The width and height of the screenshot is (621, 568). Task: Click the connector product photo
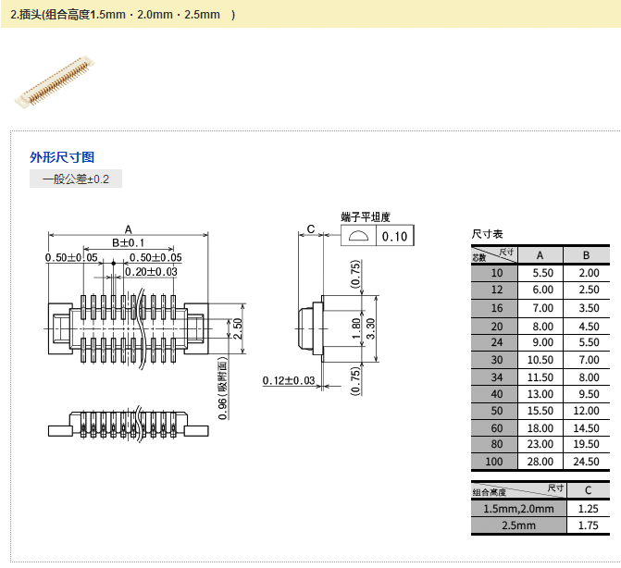tap(56, 80)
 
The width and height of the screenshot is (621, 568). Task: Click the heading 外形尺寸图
tap(62, 157)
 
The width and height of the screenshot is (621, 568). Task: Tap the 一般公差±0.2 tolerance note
tap(76, 179)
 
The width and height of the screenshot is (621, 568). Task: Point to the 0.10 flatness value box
tap(394, 237)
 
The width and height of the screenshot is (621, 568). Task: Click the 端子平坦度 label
tap(366, 216)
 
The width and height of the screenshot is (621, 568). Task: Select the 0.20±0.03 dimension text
tap(150, 271)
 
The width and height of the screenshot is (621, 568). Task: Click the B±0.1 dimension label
tap(129, 242)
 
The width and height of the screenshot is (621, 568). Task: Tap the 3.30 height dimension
tap(371, 327)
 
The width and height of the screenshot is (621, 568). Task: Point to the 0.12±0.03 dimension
tap(288, 380)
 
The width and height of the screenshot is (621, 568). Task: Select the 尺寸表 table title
tap(487, 235)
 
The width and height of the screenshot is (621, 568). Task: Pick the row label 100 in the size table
tap(497, 462)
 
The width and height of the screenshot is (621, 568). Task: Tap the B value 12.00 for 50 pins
tap(588, 410)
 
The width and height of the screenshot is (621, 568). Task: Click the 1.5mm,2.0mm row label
tap(518, 509)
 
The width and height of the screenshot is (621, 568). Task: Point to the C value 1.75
tap(588, 525)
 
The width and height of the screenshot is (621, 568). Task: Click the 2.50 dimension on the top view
tap(237, 328)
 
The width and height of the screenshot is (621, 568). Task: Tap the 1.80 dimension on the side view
tap(357, 327)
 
